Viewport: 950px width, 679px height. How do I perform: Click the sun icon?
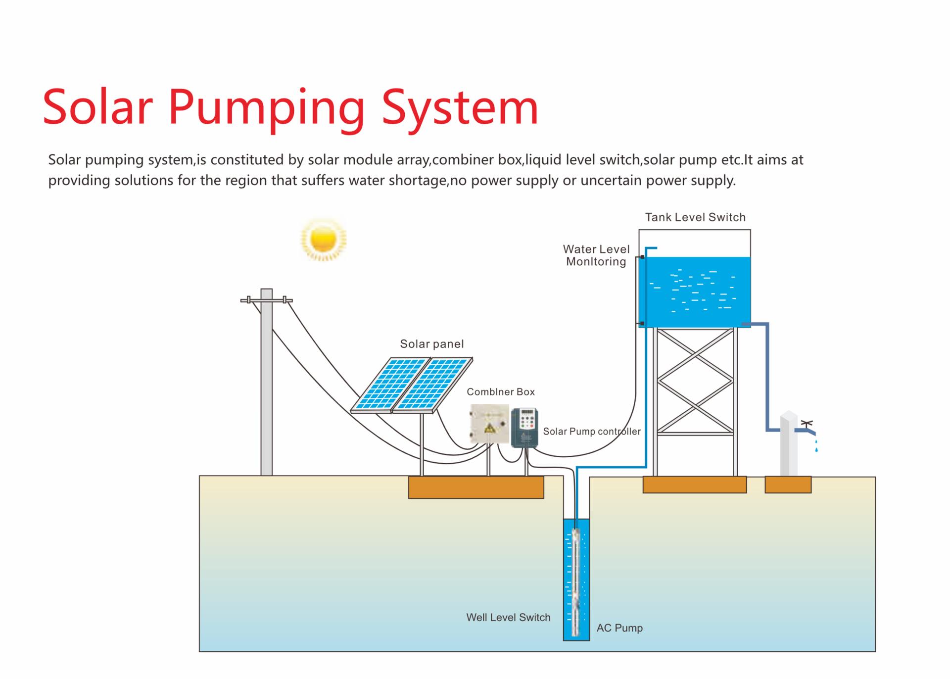[x=324, y=240]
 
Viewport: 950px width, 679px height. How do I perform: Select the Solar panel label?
[x=432, y=344]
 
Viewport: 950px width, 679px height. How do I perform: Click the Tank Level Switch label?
[x=695, y=217]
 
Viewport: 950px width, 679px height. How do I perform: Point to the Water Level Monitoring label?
[x=596, y=255]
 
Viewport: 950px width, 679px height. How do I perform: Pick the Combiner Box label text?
[x=501, y=392]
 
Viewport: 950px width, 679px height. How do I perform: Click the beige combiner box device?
[x=489, y=424]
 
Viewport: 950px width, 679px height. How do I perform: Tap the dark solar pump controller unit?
[x=524, y=428]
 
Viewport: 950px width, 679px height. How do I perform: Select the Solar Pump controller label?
[x=592, y=432]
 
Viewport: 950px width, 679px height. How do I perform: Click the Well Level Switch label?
[x=508, y=618]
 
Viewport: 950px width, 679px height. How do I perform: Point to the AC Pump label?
[x=619, y=628]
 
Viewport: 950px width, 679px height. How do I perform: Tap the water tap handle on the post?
[x=807, y=424]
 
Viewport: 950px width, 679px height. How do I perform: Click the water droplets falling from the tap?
[x=816, y=445]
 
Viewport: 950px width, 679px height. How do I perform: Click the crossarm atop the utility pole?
[x=266, y=300]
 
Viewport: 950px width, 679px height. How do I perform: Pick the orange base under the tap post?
[x=788, y=485]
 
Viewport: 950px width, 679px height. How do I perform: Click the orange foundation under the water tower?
[x=695, y=485]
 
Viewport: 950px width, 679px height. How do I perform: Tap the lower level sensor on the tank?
[x=642, y=324]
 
